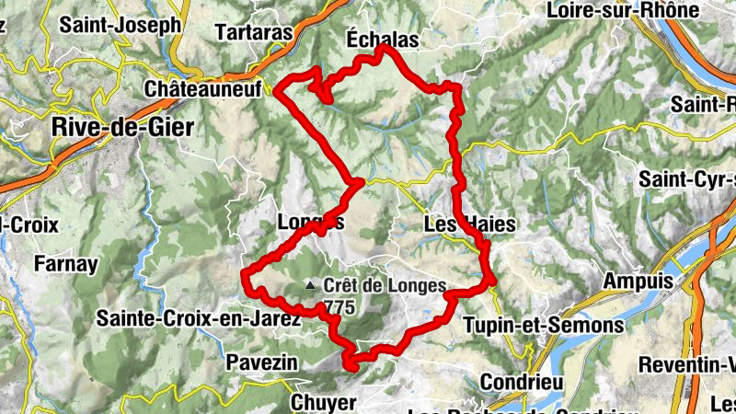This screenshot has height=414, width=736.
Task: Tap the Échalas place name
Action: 382,40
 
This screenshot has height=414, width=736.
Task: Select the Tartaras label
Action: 253,32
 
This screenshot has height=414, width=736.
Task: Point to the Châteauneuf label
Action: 203,89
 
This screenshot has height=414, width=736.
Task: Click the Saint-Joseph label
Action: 120,25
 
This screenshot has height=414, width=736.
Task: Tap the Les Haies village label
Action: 469,224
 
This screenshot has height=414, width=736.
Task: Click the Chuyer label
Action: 323,402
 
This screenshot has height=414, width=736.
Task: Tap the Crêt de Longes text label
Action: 385,286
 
